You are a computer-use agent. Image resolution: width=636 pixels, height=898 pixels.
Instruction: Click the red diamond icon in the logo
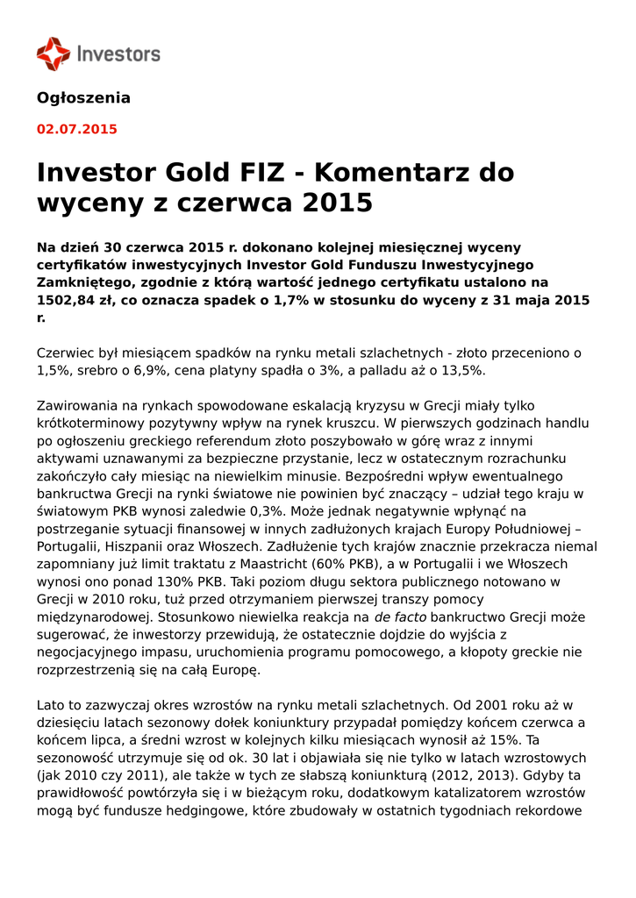53,53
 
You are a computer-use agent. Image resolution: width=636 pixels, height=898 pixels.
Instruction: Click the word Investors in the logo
118,53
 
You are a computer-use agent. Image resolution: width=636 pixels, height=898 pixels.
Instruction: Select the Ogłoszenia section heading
83,97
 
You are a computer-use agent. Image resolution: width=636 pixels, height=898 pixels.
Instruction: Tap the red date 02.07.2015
76,129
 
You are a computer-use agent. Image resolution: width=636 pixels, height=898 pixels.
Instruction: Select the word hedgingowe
204,810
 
